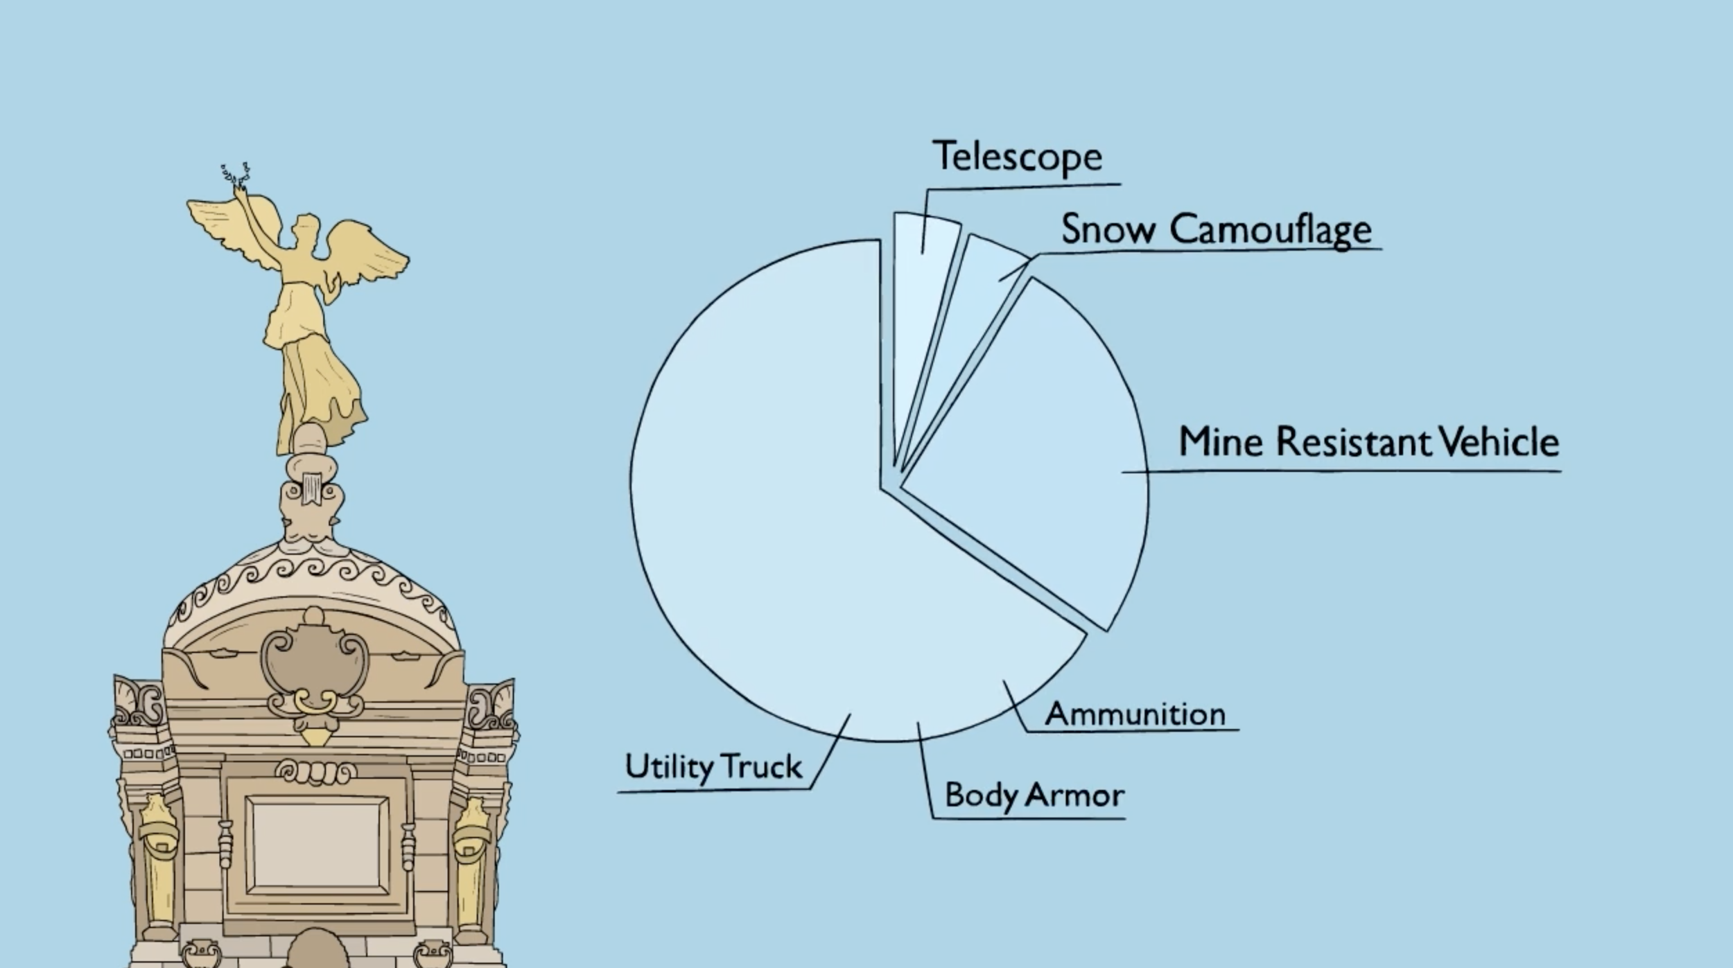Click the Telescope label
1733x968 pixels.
tap(1018, 157)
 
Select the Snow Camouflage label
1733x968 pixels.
tap(1216, 229)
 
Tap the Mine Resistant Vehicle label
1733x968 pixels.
tap(1368, 442)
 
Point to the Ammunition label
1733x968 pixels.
tap(1135, 714)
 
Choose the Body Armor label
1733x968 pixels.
tap(1034, 795)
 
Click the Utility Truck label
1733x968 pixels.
tap(713, 766)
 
